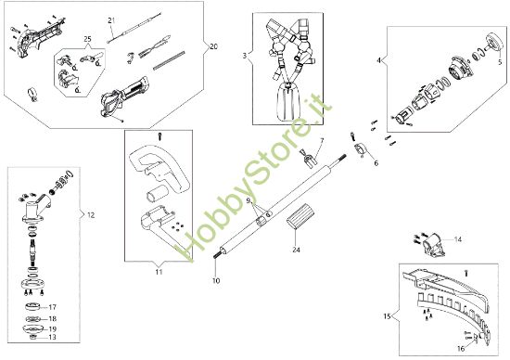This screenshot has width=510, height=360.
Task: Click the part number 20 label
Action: [213, 46]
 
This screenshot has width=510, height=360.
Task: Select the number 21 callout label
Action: [111, 20]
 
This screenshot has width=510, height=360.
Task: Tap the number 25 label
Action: [87, 39]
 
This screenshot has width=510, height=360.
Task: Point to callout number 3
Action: [245, 56]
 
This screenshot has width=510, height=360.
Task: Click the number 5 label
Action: [500, 62]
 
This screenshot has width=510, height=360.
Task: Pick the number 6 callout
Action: [376, 163]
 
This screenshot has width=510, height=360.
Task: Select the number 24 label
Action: [296, 250]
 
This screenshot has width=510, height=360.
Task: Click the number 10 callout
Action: [216, 280]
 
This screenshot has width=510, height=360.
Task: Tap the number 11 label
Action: [159, 272]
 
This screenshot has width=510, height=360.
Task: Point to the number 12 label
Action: [91, 215]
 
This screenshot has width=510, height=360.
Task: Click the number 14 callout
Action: [458, 240]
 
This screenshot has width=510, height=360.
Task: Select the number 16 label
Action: [461, 349]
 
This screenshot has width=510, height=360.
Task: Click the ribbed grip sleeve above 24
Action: [300, 216]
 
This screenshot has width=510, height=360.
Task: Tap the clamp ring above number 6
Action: [361, 149]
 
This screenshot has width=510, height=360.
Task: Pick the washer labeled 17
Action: [32, 306]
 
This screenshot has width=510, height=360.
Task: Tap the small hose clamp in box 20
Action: [32, 95]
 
